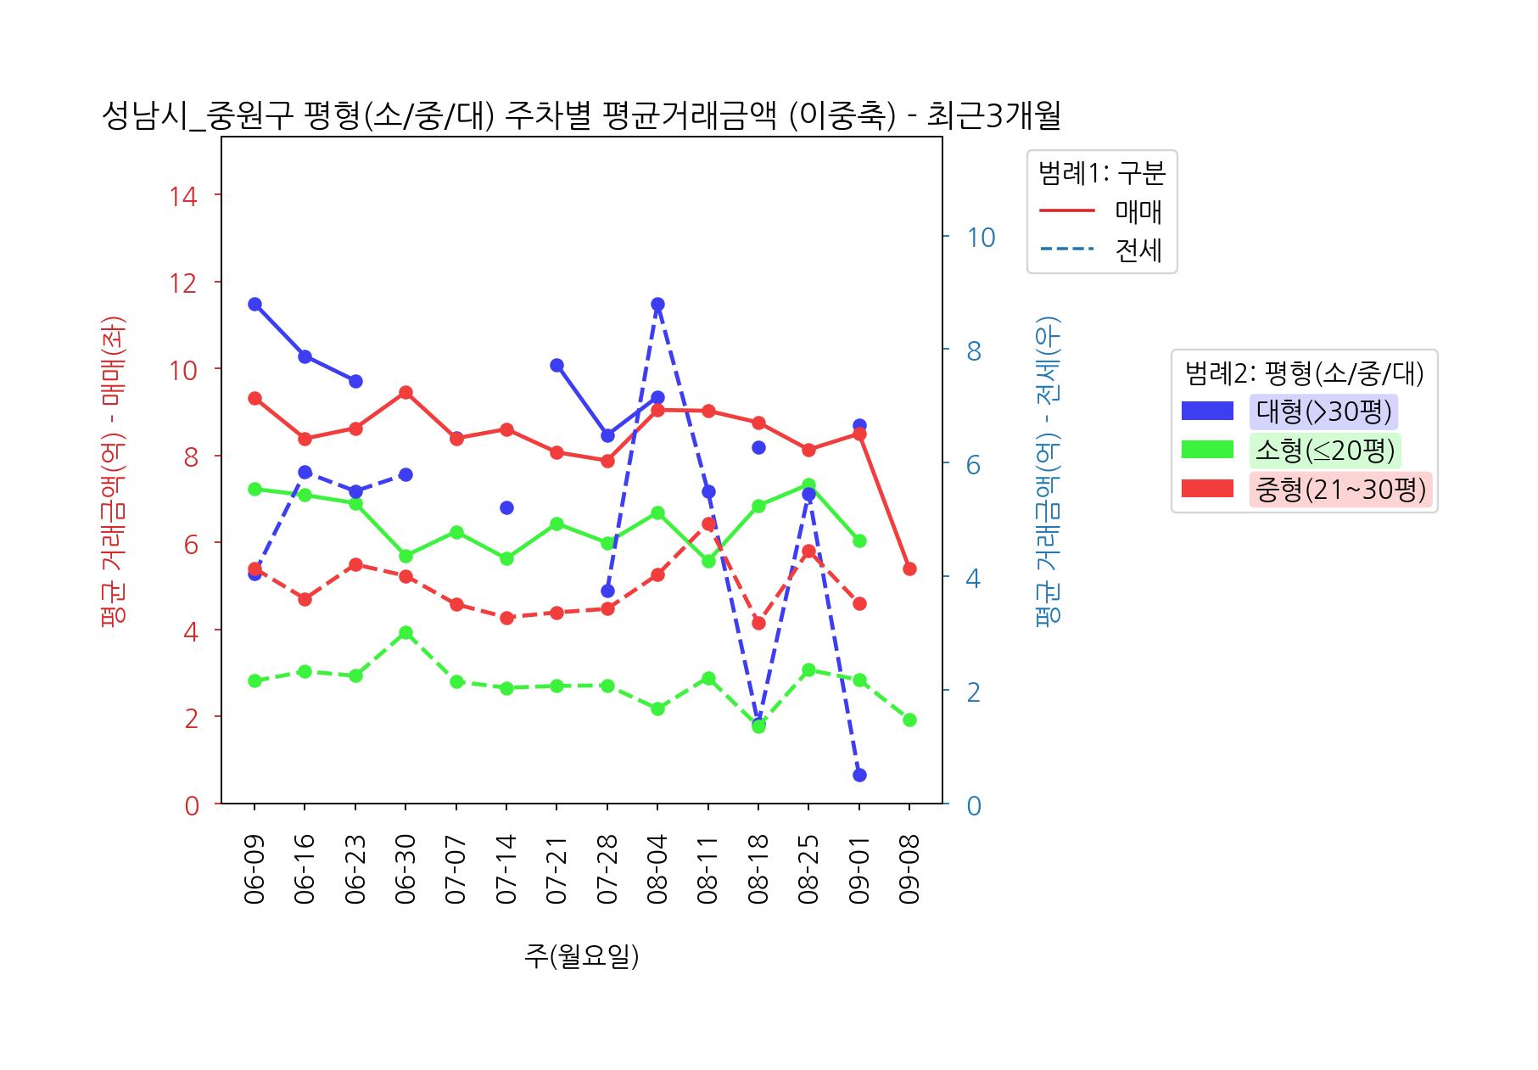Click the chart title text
tap(581, 116)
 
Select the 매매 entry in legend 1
tap(1138, 211)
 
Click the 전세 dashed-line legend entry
tap(1138, 250)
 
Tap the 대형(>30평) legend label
tap(1323, 412)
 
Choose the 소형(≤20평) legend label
tap(1324, 451)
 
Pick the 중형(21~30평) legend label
tap(1339, 490)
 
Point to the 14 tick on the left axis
tap(183, 196)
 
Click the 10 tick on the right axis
tap(981, 238)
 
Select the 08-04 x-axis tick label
tap(657, 869)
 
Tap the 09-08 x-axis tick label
tap(909, 869)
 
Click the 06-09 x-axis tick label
tap(254, 869)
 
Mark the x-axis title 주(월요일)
tap(581, 956)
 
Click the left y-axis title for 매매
tap(113, 471)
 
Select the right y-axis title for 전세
tap(1049, 471)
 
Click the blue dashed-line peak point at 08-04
tap(657, 305)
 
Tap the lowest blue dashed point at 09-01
tap(859, 775)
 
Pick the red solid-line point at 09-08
tap(909, 569)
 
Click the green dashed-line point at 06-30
tap(405, 633)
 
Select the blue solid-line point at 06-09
tap(254, 305)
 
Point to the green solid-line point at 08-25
tap(808, 485)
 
